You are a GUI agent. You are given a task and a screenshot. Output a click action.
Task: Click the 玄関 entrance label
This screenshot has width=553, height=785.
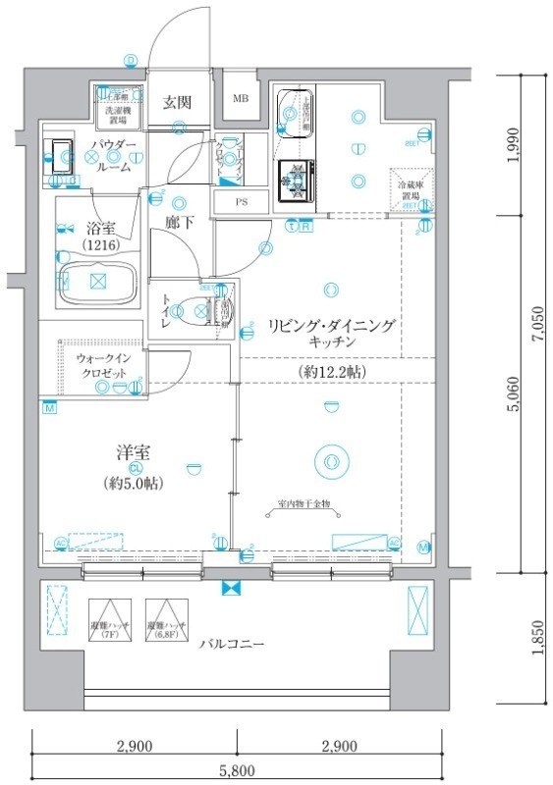pyautogui.click(x=177, y=102)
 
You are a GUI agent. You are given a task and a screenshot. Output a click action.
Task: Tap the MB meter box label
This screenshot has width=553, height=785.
pyautogui.click(x=240, y=99)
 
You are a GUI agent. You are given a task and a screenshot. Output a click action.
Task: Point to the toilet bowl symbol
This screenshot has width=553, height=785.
pyautogui.click(x=202, y=311)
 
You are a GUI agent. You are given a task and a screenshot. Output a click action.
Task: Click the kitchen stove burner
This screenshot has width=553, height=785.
pyautogui.click(x=294, y=177)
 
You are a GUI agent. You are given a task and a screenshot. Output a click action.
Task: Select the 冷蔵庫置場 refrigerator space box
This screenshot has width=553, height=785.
pyautogui.click(x=410, y=189)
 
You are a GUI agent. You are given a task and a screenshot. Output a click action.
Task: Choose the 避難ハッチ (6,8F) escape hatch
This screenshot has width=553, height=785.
pyautogui.click(x=163, y=619)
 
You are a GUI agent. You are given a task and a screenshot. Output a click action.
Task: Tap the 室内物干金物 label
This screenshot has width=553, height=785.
pyautogui.click(x=304, y=504)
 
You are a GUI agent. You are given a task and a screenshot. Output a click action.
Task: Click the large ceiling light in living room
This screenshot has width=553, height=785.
pyautogui.click(x=328, y=459)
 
